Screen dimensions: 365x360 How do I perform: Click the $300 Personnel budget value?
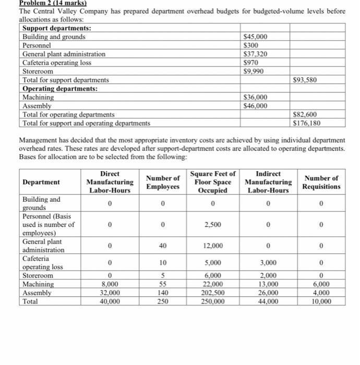[251, 45]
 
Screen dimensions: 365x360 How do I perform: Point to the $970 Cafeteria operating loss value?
[251, 63]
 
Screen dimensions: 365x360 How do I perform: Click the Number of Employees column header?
[163, 182]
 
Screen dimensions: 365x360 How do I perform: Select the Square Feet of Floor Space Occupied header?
[213, 182]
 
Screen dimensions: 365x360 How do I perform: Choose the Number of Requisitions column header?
[321, 182]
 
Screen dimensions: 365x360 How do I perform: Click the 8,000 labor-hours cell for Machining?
[110, 285]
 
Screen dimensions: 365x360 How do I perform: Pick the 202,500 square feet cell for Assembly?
[213, 293]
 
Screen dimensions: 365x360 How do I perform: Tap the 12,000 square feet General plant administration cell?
[213, 246]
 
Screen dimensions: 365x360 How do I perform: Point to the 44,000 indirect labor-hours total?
[268, 301]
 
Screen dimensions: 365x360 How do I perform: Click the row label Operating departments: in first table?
[55, 89]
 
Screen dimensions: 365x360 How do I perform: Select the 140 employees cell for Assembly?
[163, 293]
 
